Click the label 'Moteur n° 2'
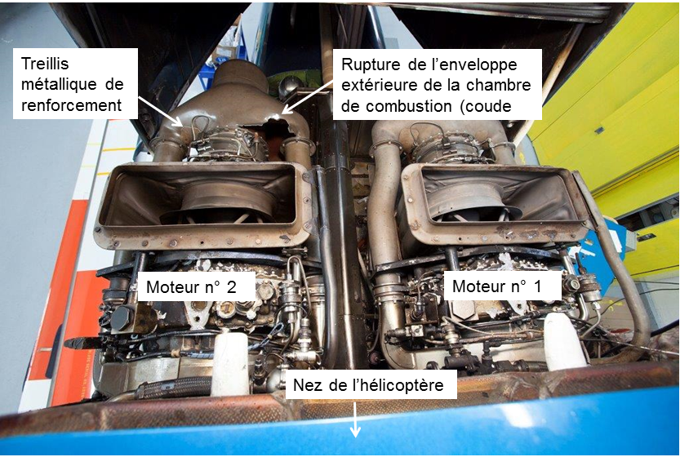point(191,286)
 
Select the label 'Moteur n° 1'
point(496,286)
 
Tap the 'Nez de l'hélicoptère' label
point(368,385)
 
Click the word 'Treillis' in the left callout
point(45,64)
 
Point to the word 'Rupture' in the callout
point(371,64)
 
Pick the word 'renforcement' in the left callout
point(72,105)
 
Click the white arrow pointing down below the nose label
point(355,419)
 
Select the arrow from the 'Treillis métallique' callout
point(162,112)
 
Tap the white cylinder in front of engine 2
point(229,363)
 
